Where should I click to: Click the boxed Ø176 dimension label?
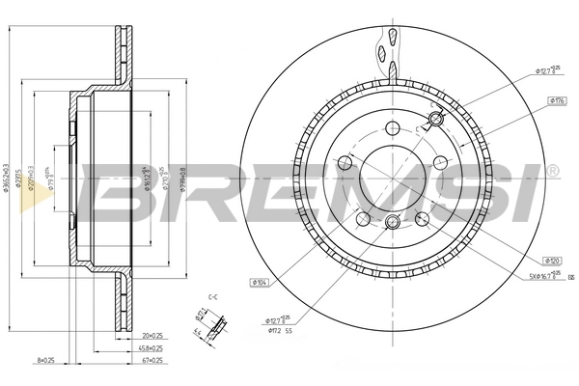(557, 99)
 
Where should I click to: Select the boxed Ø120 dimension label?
(553, 260)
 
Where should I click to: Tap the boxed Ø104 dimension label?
(259, 282)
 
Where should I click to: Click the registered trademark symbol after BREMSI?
(551, 171)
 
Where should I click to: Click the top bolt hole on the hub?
(391, 128)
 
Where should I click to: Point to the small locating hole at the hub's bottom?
(391, 223)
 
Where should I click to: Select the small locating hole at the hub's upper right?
(434, 119)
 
